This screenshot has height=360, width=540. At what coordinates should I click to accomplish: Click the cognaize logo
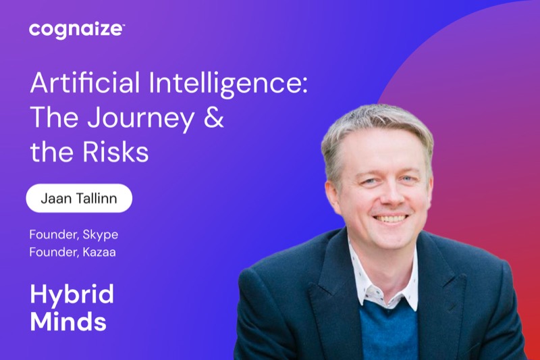pyautogui.click(x=76, y=30)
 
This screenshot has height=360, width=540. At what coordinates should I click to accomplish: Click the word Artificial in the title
pyautogui.click(x=85, y=82)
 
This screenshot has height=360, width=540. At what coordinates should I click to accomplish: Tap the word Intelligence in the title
pyautogui.click(x=225, y=84)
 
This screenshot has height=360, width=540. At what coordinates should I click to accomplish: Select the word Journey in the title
pyautogui.click(x=140, y=119)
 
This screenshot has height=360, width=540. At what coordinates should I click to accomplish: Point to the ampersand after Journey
pyautogui.click(x=213, y=117)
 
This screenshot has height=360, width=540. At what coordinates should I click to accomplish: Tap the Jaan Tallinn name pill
pyautogui.click(x=79, y=198)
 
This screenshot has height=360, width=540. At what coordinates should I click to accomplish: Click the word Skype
pyautogui.click(x=100, y=235)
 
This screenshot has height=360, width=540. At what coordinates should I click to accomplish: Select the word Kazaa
pyautogui.click(x=99, y=252)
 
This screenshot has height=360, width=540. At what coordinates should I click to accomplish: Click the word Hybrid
pyautogui.click(x=72, y=295)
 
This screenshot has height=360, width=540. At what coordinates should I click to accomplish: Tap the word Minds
pyautogui.click(x=68, y=321)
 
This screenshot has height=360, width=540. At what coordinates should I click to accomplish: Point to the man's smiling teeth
pyautogui.click(x=391, y=218)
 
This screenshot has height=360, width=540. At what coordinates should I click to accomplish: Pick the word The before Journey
pyautogui.click(x=54, y=117)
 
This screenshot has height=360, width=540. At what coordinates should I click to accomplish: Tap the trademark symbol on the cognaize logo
pyautogui.click(x=123, y=25)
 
